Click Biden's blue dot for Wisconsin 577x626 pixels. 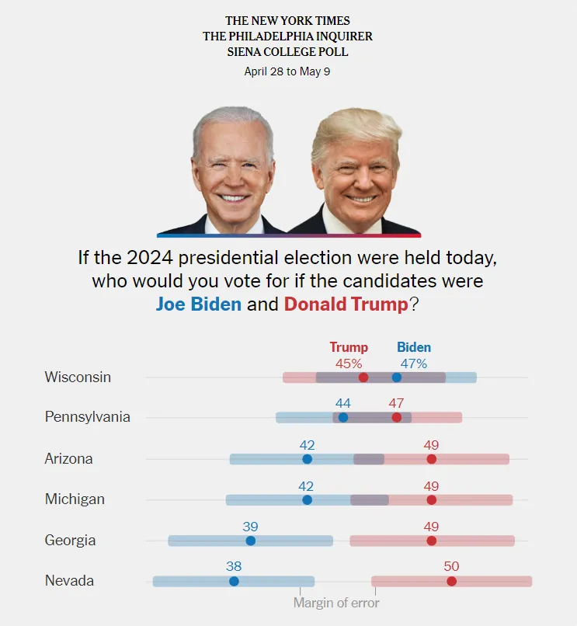397,377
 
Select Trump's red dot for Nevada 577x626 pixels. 451,581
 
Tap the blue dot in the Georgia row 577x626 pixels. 250,541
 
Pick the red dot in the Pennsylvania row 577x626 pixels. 397,417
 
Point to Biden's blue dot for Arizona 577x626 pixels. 307,459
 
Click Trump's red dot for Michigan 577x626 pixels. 432,499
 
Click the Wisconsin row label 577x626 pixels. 78,377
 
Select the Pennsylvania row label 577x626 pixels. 87,417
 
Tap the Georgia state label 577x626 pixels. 69,541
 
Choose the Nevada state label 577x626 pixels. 69,581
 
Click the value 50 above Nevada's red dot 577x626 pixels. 451,566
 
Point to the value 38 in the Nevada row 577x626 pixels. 234,566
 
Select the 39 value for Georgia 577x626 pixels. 250,526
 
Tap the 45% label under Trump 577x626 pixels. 349,363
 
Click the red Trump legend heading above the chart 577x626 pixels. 349,347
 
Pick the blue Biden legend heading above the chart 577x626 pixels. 414,347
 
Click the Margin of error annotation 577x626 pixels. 336,603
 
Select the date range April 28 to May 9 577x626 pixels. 287,71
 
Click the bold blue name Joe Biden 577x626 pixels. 199,304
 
